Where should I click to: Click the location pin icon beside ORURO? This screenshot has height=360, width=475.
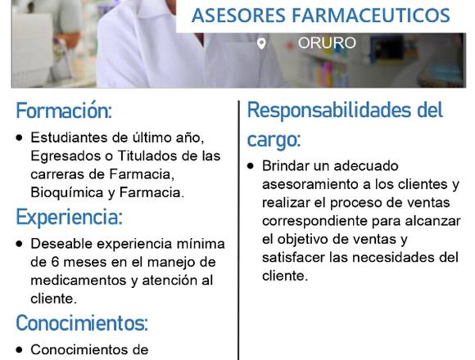[x=261, y=43]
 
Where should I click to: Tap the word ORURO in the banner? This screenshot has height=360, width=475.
[x=327, y=43]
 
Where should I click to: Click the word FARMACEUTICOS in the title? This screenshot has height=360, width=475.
[x=371, y=16]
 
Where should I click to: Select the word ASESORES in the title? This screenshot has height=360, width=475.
[x=238, y=16]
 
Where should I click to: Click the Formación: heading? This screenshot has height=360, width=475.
[x=64, y=110]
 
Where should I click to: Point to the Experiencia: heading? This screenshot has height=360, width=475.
[x=70, y=217]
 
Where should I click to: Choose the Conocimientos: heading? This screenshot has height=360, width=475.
[x=82, y=323]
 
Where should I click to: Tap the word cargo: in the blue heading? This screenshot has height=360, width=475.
[x=274, y=139]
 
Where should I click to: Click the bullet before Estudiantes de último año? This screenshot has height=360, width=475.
[x=20, y=138]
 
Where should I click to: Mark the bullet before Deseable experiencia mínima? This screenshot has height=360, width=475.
[x=20, y=244]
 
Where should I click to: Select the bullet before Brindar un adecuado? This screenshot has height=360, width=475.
[x=251, y=166]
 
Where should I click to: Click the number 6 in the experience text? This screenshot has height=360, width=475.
[x=55, y=262]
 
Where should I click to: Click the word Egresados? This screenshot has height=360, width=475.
[x=66, y=156]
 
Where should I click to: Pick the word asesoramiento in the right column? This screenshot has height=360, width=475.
[x=312, y=184]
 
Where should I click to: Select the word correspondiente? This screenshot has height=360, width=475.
[x=314, y=222]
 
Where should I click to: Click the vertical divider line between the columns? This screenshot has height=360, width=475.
[x=238, y=231]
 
